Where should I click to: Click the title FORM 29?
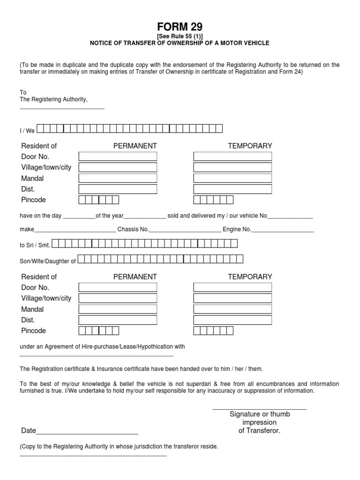[x=180, y=27]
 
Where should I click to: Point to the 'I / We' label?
[x=27, y=131]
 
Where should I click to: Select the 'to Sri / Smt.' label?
[x=35, y=245]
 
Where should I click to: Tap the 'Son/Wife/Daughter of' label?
[x=47, y=261]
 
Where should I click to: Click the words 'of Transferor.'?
[x=259, y=431]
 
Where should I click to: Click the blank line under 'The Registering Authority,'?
[x=61, y=109]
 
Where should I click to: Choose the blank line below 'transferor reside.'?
[x=93, y=455]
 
